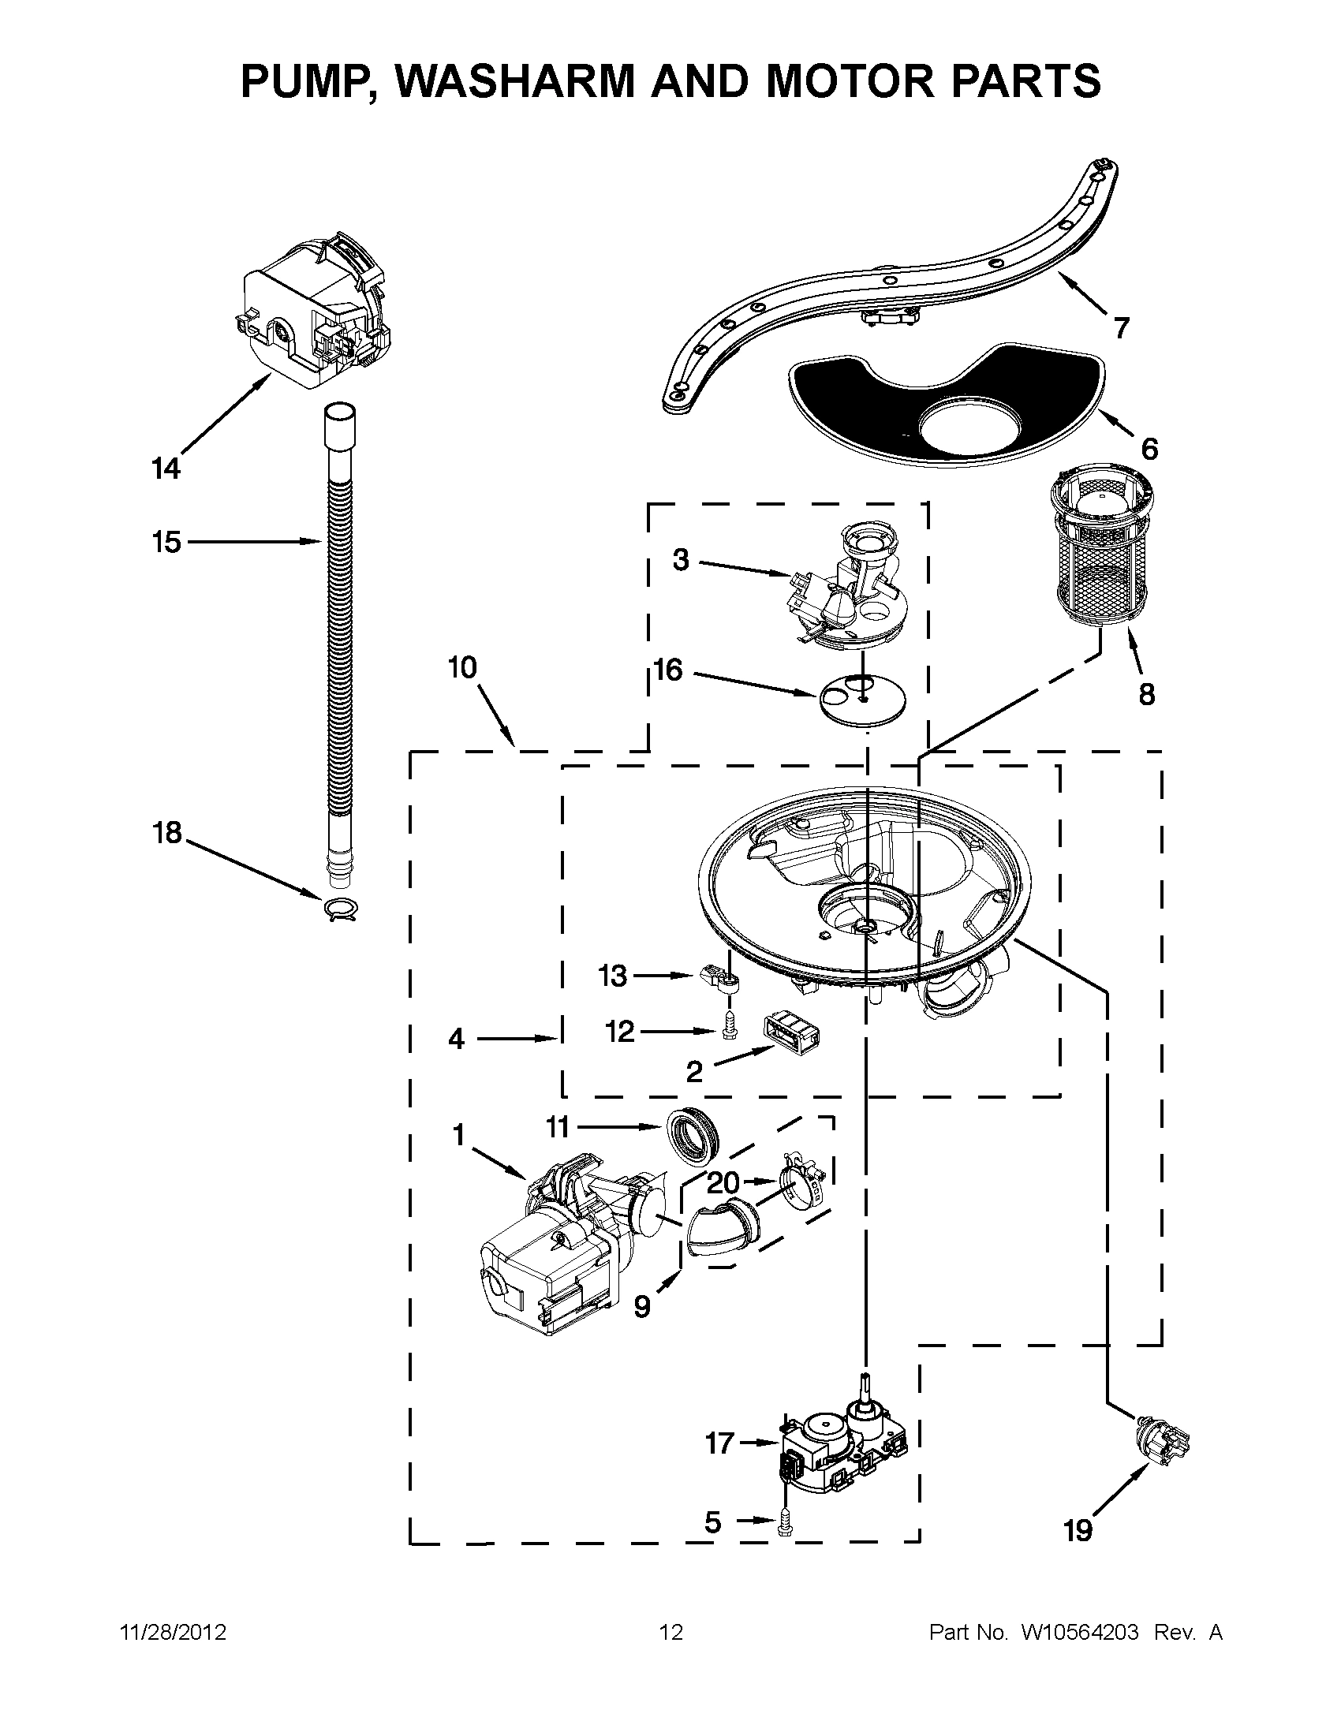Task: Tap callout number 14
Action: click(x=166, y=469)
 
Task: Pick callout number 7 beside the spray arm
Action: click(x=1121, y=327)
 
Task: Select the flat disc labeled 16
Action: click(x=861, y=697)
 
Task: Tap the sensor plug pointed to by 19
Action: click(x=1163, y=1444)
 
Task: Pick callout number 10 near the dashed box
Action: click(x=462, y=667)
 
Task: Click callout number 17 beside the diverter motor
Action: click(x=719, y=1443)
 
